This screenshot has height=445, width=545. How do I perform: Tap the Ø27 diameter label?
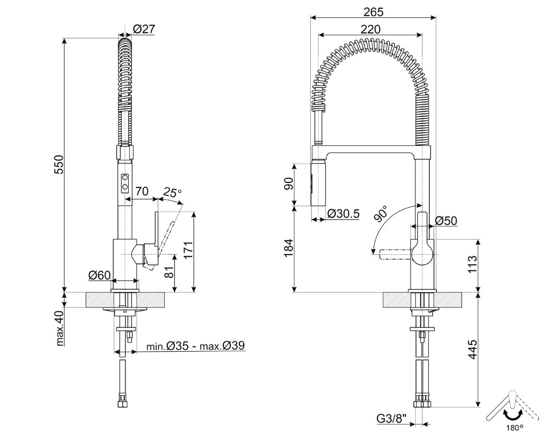[x=144, y=29]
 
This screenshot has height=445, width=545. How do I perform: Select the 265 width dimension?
[x=374, y=12]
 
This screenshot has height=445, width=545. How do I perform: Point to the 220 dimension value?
[x=371, y=29]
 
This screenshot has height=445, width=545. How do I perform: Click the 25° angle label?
[x=173, y=192]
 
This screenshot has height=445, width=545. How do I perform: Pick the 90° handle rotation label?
[x=381, y=213]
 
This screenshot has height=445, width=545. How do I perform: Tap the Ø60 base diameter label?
[x=99, y=275]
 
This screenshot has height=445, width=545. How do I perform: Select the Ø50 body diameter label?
[x=446, y=220]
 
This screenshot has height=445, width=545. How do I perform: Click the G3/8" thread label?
[x=392, y=419]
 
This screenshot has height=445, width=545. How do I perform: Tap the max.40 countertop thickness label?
[x=60, y=328]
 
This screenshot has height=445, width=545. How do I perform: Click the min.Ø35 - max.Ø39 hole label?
[x=195, y=346]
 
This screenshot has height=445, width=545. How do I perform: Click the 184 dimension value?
[x=289, y=249]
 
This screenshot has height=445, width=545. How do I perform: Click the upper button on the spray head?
[x=125, y=179]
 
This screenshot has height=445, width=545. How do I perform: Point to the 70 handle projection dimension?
[x=142, y=191]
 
